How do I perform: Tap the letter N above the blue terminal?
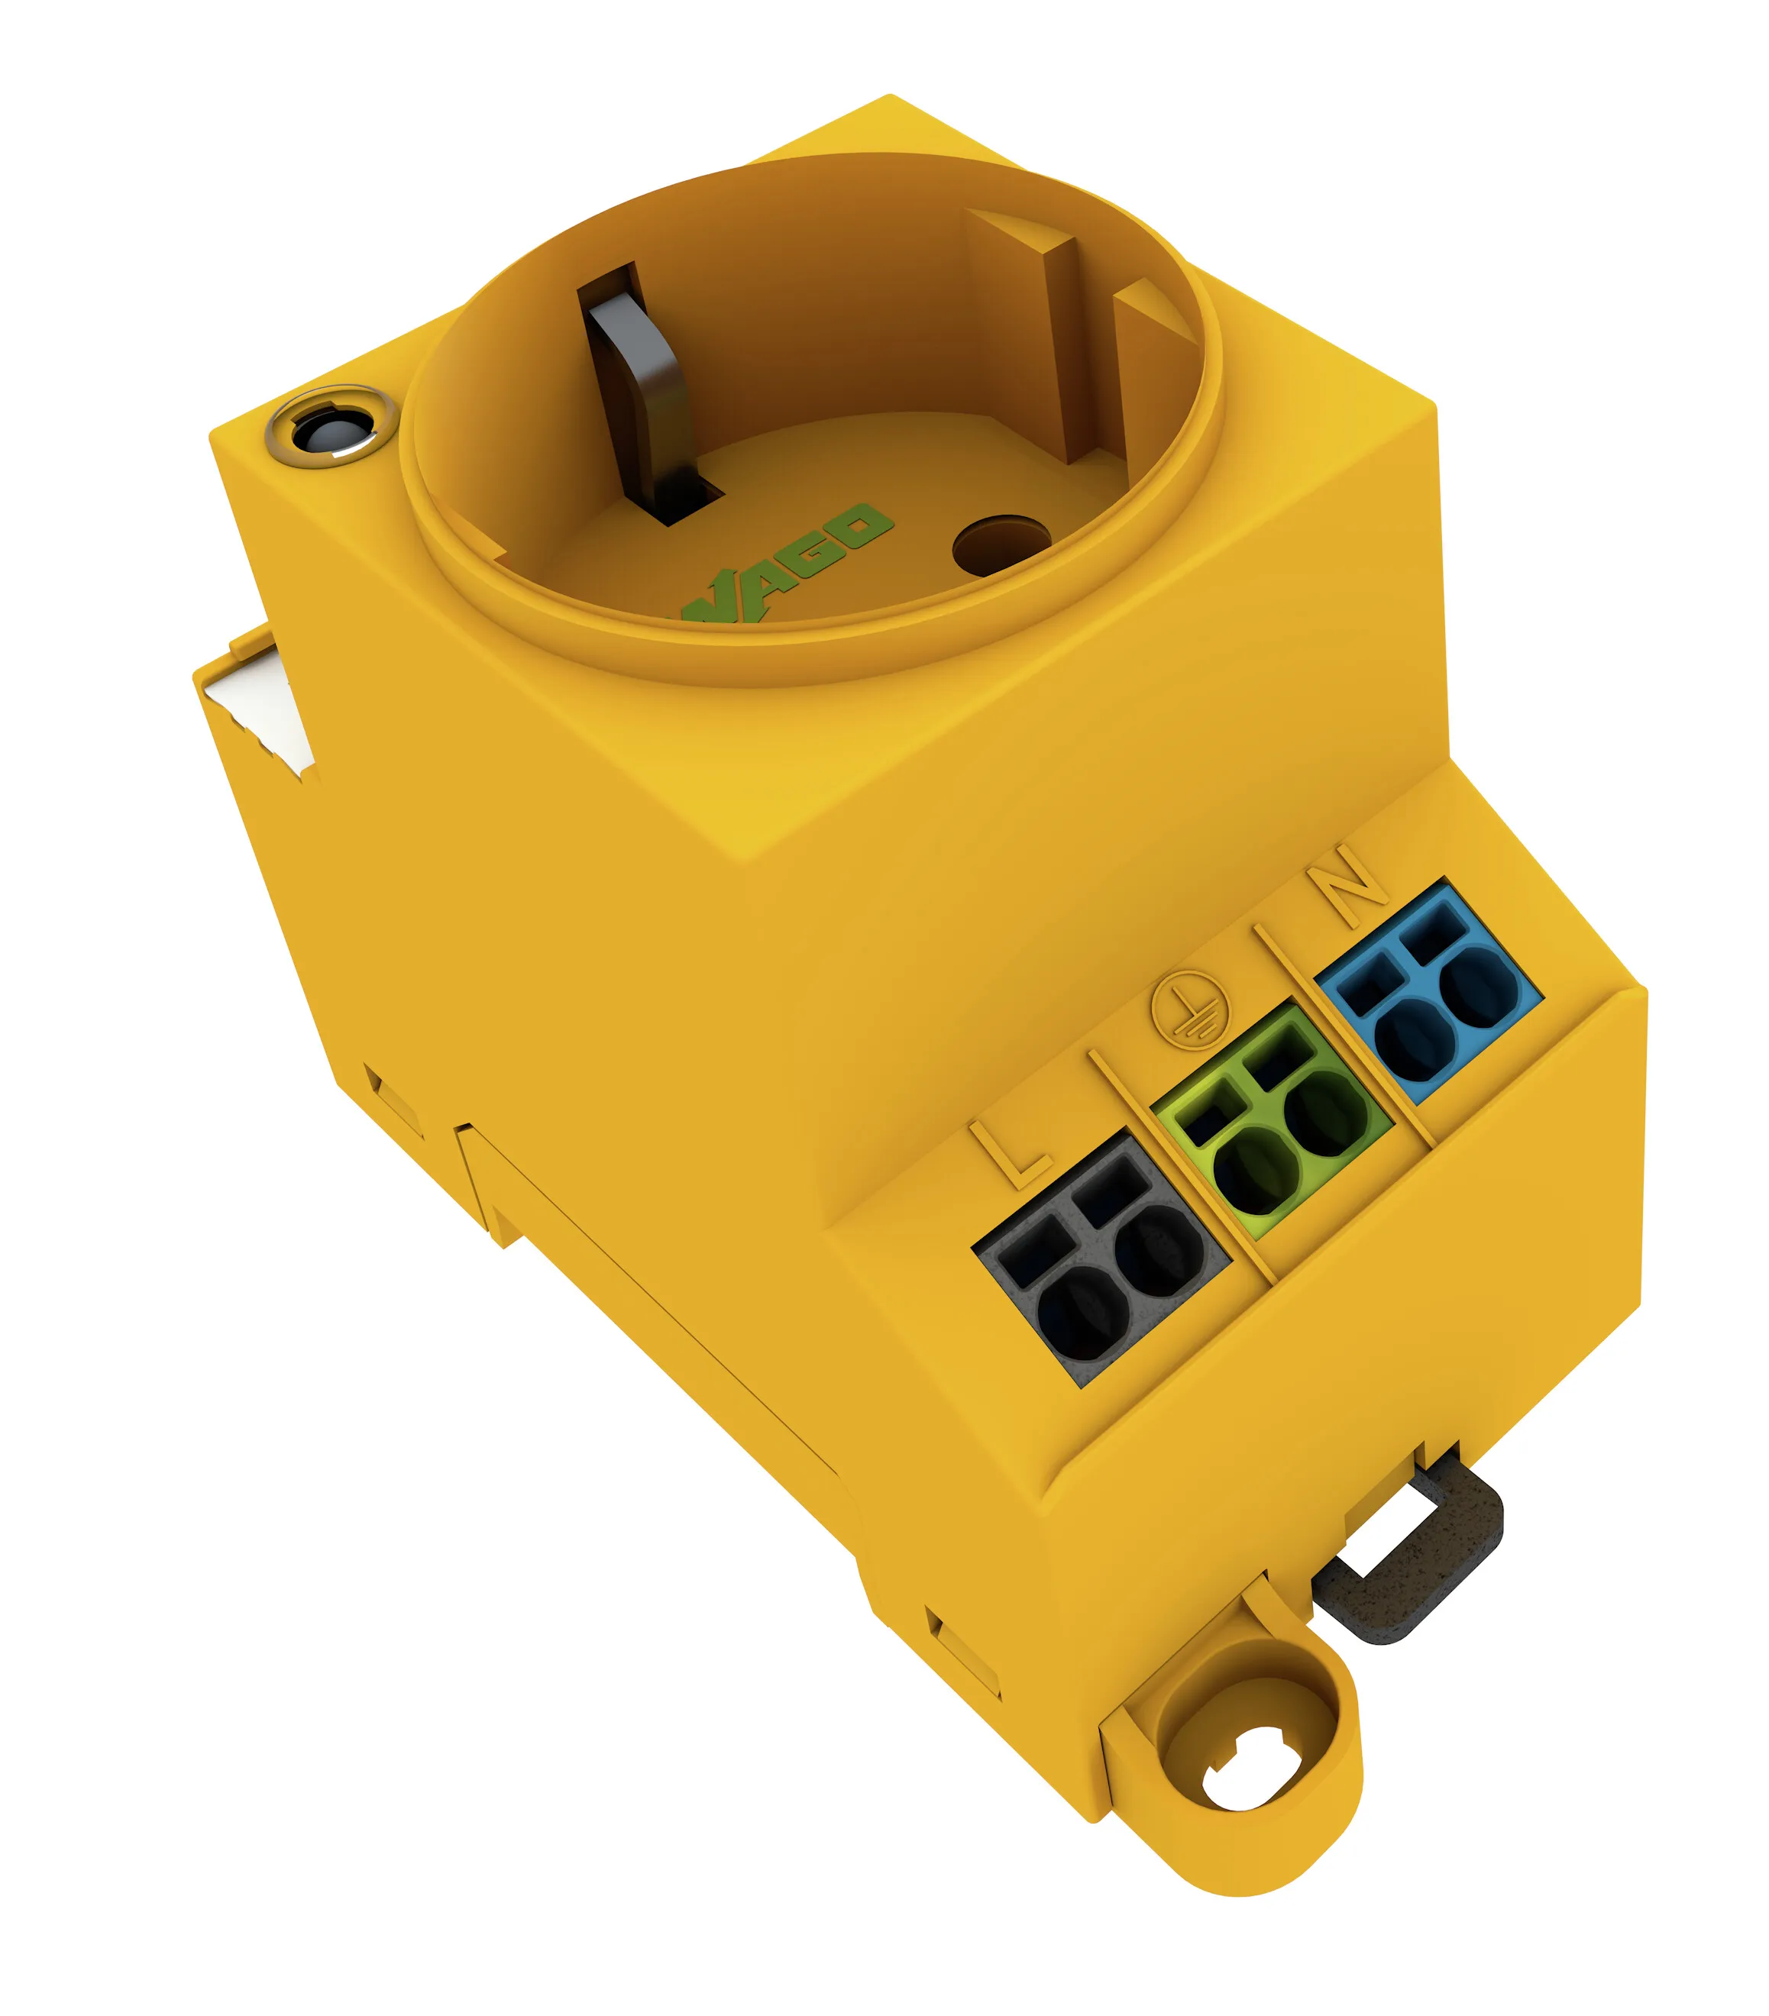click(1346, 887)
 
